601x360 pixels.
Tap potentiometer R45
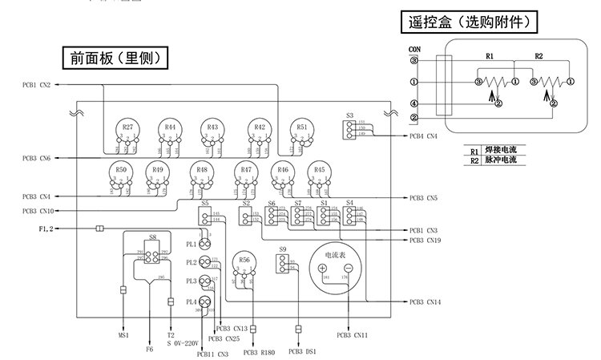coord(319,173)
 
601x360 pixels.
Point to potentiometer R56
coord(244,262)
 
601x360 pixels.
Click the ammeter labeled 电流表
coord(336,265)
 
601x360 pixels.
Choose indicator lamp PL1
coord(204,244)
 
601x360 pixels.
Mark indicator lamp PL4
coord(204,301)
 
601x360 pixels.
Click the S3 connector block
coord(350,128)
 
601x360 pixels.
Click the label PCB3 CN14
coord(425,301)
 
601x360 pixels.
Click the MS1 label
coord(124,335)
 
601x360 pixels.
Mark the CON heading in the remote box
coord(414,51)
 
